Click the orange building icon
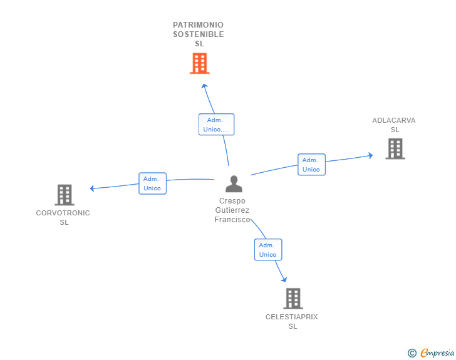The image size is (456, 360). tap(200, 63)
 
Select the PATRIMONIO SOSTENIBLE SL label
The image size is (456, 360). tap(199, 34)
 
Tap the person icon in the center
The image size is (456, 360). tap(234, 184)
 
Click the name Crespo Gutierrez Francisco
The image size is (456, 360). tap(232, 210)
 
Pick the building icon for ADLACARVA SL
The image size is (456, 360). tap(395, 148)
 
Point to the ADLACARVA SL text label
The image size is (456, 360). tap(394, 125)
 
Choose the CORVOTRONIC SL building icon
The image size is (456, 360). tap(65, 195)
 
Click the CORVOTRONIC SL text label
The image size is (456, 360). tap(63, 217)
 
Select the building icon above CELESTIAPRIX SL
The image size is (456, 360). tap(293, 299)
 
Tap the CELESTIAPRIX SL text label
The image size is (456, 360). tap(292, 321)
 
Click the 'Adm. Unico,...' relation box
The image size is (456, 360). tap(216, 125)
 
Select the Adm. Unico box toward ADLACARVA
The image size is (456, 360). tap(311, 165)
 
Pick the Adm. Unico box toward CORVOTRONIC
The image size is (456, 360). tap(152, 183)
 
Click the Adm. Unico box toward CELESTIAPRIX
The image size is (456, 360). tap(268, 250)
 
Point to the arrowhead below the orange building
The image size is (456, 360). tap(204, 86)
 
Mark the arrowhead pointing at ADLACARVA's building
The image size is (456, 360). tap(371, 155)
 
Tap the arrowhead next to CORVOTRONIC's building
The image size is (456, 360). tap(92, 188)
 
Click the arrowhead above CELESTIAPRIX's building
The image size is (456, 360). tap(284, 279)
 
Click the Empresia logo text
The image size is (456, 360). tap(437, 352)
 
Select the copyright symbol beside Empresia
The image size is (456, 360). tap(412, 353)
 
